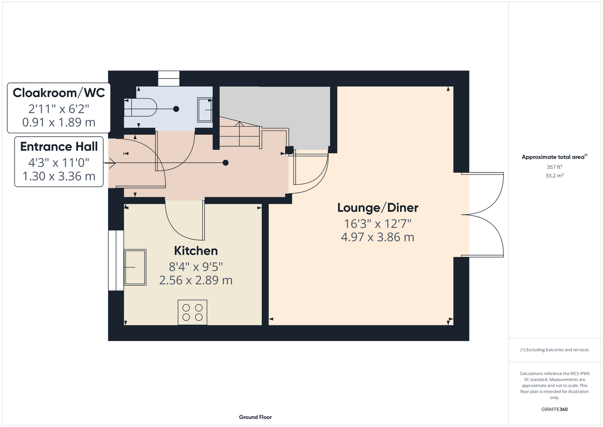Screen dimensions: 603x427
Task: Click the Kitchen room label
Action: click(x=196, y=251)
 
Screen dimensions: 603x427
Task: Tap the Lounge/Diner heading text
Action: click(x=378, y=208)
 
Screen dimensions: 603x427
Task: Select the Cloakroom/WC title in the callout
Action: click(x=59, y=93)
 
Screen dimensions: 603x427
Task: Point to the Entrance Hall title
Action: click(x=59, y=146)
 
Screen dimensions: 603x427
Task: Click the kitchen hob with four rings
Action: click(x=192, y=312)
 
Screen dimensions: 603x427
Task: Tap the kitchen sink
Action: click(x=135, y=267)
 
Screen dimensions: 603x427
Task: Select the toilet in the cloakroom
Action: click(x=140, y=108)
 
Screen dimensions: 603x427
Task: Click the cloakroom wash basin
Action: click(x=205, y=110)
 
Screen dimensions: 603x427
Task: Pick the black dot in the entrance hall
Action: click(x=226, y=163)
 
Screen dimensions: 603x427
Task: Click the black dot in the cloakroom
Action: click(x=176, y=109)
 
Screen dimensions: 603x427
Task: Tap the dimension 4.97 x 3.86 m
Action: click(x=378, y=237)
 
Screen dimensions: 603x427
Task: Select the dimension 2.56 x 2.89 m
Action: click(x=196, y=281)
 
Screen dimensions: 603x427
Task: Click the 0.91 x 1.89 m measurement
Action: click(x=59, y=122)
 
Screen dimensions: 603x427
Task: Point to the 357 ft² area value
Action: click(x=554, y=167)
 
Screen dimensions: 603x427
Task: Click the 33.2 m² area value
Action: click(x=554, y=175)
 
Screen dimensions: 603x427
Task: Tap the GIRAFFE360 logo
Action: click(x=554, y=409)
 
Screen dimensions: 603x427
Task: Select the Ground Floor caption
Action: click(x=256, y=417)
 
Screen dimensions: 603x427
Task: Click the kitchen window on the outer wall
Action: click(x=116, y=260)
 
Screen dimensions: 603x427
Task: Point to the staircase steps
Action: click(x=240, y=134)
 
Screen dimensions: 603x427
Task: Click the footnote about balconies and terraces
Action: click(x=554, y=350)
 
